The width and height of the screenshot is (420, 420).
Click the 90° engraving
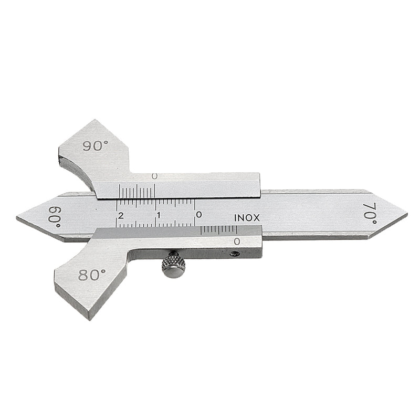(96, 146)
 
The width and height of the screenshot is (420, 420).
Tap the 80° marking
(92, 275)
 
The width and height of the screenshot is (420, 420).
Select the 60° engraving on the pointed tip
(55, 217)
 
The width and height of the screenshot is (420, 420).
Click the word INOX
(247, 218)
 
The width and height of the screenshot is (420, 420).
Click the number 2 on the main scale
(121, 215)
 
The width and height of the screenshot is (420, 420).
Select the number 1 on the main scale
(159, 215)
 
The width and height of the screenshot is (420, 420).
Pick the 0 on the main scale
(199, 215)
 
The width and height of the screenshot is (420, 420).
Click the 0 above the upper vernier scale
(154, 176)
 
